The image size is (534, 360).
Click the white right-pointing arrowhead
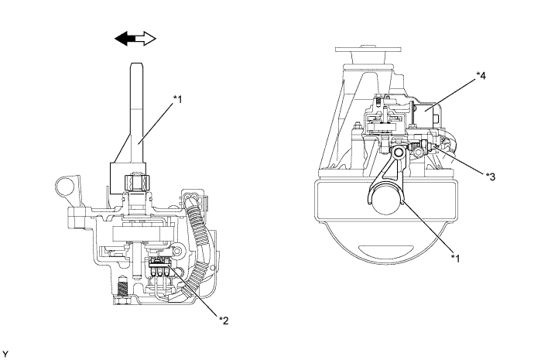coord(149,39)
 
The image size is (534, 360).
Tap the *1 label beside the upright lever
coord(180,100)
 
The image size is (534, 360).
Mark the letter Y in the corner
coord(5,354)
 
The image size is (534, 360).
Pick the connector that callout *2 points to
coord(159,270)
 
